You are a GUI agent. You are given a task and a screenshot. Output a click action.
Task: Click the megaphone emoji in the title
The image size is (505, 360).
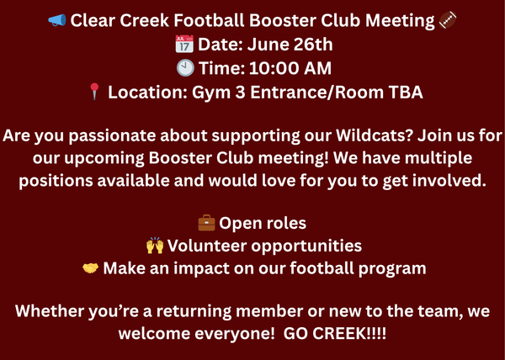coord(57,20)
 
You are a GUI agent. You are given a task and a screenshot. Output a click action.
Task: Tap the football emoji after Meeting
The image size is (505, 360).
coord(448,20)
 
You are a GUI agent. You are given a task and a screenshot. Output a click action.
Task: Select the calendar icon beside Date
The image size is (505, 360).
coord(184,44)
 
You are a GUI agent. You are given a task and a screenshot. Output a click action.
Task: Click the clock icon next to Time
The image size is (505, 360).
coord(185,68)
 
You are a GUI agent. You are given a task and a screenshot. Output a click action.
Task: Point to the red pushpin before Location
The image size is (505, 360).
coord(94,92)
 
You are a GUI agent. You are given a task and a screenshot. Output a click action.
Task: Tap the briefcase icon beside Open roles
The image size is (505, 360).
coord(206,223)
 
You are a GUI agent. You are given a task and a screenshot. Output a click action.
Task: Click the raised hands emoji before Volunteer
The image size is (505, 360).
coord(155,246)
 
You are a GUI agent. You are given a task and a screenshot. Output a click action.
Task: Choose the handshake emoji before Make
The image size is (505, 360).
coord(91,268)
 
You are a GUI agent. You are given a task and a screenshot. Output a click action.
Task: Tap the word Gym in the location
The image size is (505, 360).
coord(211,93)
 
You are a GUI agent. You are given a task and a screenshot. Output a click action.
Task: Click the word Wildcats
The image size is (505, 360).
coord(375,135)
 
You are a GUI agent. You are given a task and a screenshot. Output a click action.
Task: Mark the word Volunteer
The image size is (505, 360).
coord(207,246)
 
